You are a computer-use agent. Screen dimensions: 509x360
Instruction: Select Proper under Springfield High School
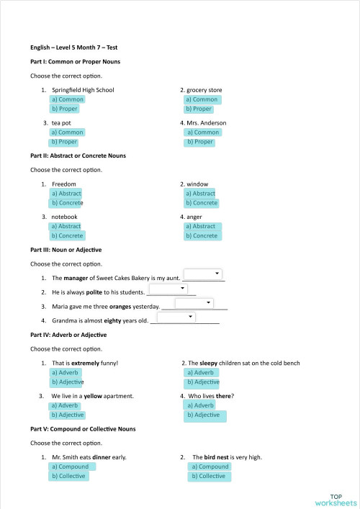(x=64, y=109)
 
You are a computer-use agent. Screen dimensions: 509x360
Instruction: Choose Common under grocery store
(x=202, y=99)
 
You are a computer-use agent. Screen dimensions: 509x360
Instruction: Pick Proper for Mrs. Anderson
(x=200, y=142)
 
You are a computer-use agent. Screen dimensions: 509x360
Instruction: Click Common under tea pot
(x=67, y=132)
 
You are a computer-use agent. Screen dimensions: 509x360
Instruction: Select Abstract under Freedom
(x=66, y=194)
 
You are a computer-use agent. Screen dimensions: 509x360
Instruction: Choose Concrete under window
(x=201, y=203)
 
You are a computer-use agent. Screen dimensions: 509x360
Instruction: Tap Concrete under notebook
(x=67, y=235)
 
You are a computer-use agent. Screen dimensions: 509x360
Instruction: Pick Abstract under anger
(x=200, y=226)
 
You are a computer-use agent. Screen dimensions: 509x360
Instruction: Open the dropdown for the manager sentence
(x=204, y=274)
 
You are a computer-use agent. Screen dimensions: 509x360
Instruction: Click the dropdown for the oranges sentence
(x=194, y=304)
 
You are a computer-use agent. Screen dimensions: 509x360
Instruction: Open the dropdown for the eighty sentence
(x=177, y=317)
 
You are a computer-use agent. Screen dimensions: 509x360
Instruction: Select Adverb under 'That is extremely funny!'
(x=65, y=372)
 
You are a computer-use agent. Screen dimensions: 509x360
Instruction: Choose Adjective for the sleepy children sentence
(x=202, y=382)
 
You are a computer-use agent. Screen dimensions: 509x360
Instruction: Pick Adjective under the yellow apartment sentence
(x=67, y=415)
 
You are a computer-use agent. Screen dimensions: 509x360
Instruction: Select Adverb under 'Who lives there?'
(x=202, y=405)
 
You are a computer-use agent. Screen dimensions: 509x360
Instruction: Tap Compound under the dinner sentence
(x=70, y=467)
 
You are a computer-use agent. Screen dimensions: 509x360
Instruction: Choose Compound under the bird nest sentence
(x=209, y=467)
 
